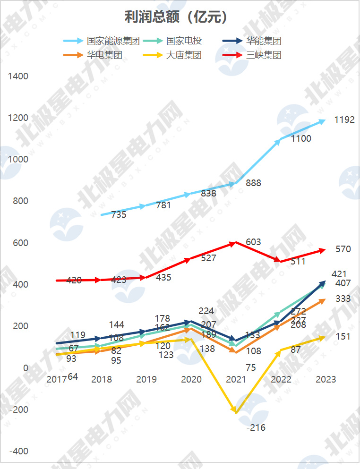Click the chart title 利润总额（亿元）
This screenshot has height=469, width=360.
coord(176,17)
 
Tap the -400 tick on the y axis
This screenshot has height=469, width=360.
coord(19,451)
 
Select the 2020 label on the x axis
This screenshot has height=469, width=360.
coord(191,379)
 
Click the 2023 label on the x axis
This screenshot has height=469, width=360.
coord(326,379)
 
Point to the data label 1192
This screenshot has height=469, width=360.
coord(344,120)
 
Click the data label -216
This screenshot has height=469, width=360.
coord(256,428)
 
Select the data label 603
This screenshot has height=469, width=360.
coord(253,242)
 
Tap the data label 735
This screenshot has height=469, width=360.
coord(119,215)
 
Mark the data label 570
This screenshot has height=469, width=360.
coord(343,249)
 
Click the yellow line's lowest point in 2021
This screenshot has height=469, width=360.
coord(236,412)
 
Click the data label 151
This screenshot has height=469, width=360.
coord(343,336)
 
